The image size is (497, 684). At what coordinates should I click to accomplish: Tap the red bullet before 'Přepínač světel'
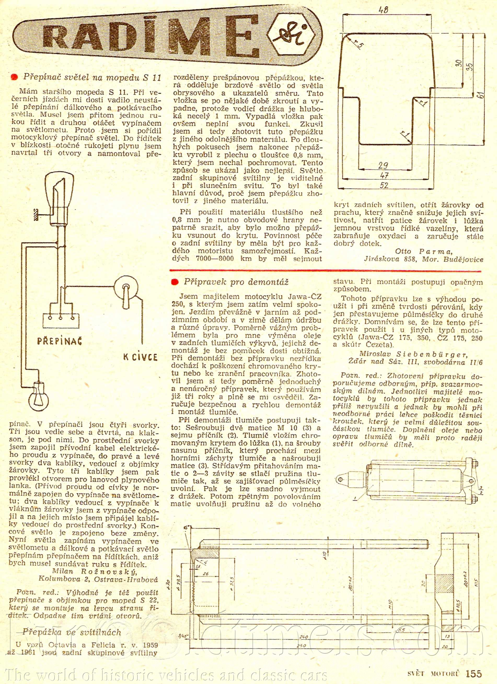pos(14,77)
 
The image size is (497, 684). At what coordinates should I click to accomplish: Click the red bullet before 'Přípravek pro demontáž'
pos(174,282)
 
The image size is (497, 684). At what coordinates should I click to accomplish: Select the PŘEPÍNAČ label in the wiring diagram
pos(60,341)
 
